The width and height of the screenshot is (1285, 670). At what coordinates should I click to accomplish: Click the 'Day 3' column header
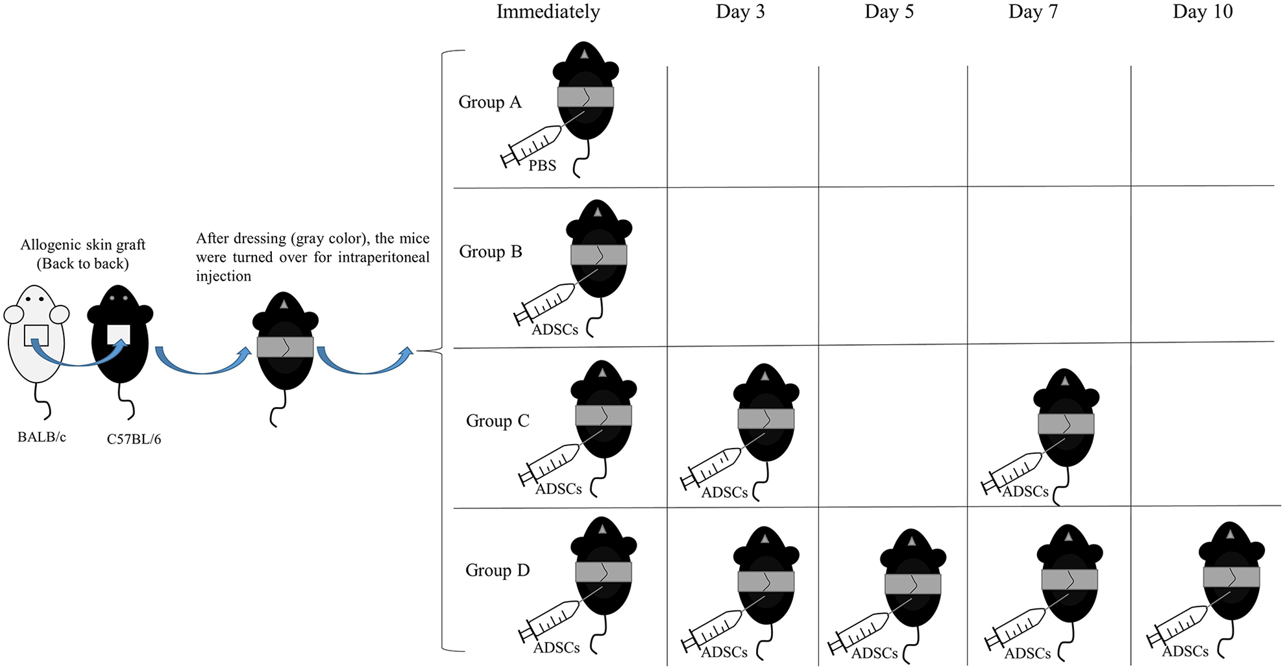click(740, 12)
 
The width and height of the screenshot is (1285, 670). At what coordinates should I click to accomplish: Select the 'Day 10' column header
click(1203, 12)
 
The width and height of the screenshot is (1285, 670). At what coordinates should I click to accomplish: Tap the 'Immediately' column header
click(548, 12)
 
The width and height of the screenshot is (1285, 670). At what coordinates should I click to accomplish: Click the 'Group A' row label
click(490, 102)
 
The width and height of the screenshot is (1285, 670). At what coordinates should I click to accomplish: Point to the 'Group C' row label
click(498, 421)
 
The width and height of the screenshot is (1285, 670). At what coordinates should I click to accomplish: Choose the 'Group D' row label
click(498, 570)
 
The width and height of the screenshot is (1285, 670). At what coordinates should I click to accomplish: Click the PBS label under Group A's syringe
click(543, 166)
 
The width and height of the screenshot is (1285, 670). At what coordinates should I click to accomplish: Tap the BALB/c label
click(42, 437)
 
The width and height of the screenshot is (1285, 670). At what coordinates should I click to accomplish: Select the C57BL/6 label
click(134, 439)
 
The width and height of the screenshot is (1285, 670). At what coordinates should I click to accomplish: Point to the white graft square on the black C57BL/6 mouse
click(119, 334)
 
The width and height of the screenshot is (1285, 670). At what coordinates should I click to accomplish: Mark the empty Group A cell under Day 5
click(893, 126)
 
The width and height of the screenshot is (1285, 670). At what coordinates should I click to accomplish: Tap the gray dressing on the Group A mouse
click(585, 97)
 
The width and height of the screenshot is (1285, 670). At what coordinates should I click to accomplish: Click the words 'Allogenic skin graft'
click(82, 245)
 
